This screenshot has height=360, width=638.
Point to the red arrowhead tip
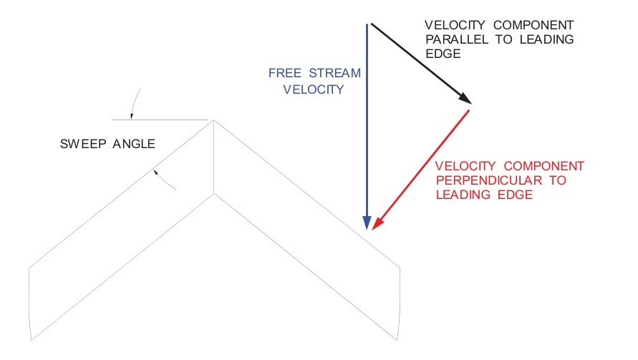[x=374, y=229]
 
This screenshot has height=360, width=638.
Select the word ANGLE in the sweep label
[x=133, y=144]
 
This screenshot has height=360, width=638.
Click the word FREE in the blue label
[x=285, y=74]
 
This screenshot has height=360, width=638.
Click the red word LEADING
[x=462, y=194]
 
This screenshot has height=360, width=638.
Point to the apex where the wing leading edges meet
[x=214, y=120]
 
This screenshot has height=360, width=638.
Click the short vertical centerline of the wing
[x=214, y=157]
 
